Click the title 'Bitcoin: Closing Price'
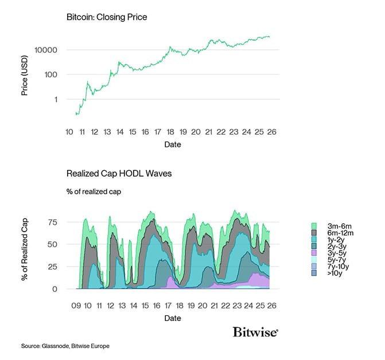coord(107,17)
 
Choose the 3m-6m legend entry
coord(333,226)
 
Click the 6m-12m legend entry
coord(335,233)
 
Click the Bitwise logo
coord(256,332)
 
